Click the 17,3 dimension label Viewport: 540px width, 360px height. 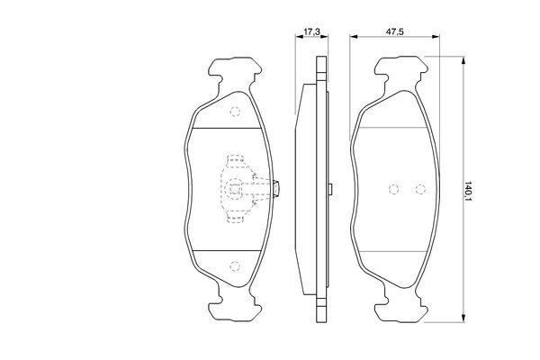311,31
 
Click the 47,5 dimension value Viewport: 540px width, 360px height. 395,31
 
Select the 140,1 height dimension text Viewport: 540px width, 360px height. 468,191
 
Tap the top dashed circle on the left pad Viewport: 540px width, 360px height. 235,112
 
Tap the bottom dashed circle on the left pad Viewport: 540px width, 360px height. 235,266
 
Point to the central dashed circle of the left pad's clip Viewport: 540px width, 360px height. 235,188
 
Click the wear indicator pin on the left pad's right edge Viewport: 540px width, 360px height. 276,188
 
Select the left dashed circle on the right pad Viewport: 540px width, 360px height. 393,189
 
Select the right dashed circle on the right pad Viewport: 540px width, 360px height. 420,189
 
